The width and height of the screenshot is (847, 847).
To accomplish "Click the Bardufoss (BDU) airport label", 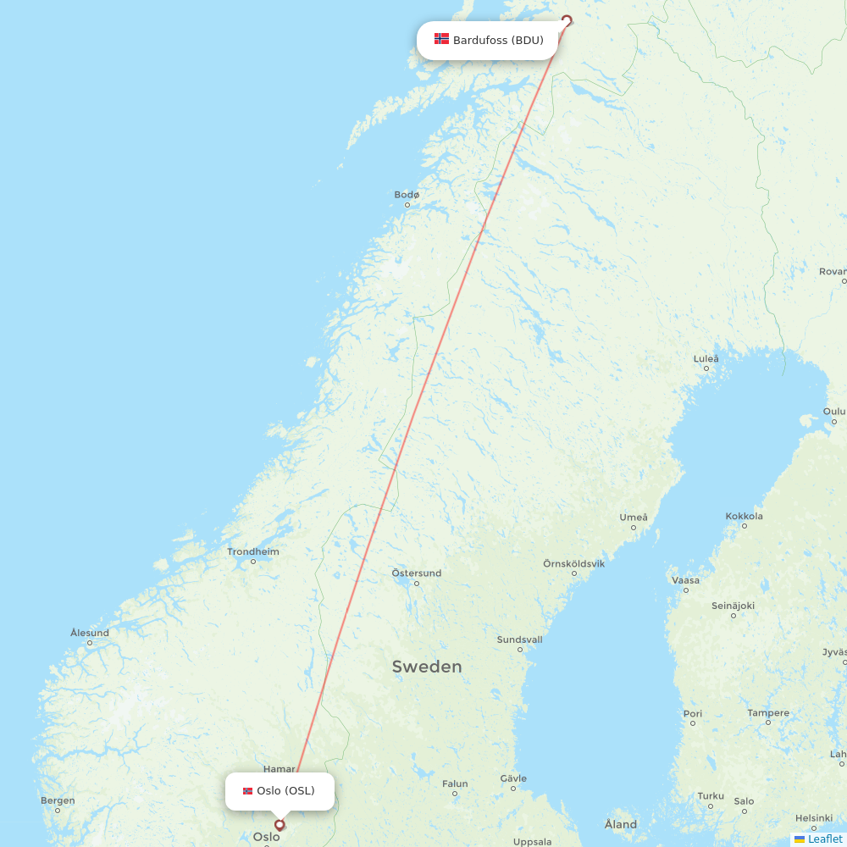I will point(497,40).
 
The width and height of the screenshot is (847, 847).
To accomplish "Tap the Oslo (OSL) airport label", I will point(285,791).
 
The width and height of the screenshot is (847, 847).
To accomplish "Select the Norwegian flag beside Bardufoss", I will point(441,39).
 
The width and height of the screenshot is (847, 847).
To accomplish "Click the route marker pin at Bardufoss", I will point(567,20).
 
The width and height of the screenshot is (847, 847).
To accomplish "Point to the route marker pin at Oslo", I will point(280,824).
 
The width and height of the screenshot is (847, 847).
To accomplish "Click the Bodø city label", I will point(407,195).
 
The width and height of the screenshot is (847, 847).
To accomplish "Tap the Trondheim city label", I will point(252,552).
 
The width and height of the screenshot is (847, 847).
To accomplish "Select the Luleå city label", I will point(706,359).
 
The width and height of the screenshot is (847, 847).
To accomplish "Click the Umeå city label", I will point(633,518).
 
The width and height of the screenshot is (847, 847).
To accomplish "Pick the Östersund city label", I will point(416,573).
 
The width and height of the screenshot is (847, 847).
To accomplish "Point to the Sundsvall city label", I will point(519,639).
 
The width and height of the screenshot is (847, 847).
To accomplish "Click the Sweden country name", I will point(427,667).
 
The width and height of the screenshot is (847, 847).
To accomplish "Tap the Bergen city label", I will point(58,800).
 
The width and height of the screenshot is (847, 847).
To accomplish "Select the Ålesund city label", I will point(89,633).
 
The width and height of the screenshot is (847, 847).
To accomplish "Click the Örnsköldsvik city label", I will point(573,563).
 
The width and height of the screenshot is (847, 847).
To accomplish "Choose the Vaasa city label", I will point(685,580).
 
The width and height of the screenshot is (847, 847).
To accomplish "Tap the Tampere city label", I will point(767,713).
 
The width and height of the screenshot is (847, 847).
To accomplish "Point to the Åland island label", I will point(621,824).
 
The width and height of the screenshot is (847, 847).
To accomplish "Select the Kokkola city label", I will point(744,516).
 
